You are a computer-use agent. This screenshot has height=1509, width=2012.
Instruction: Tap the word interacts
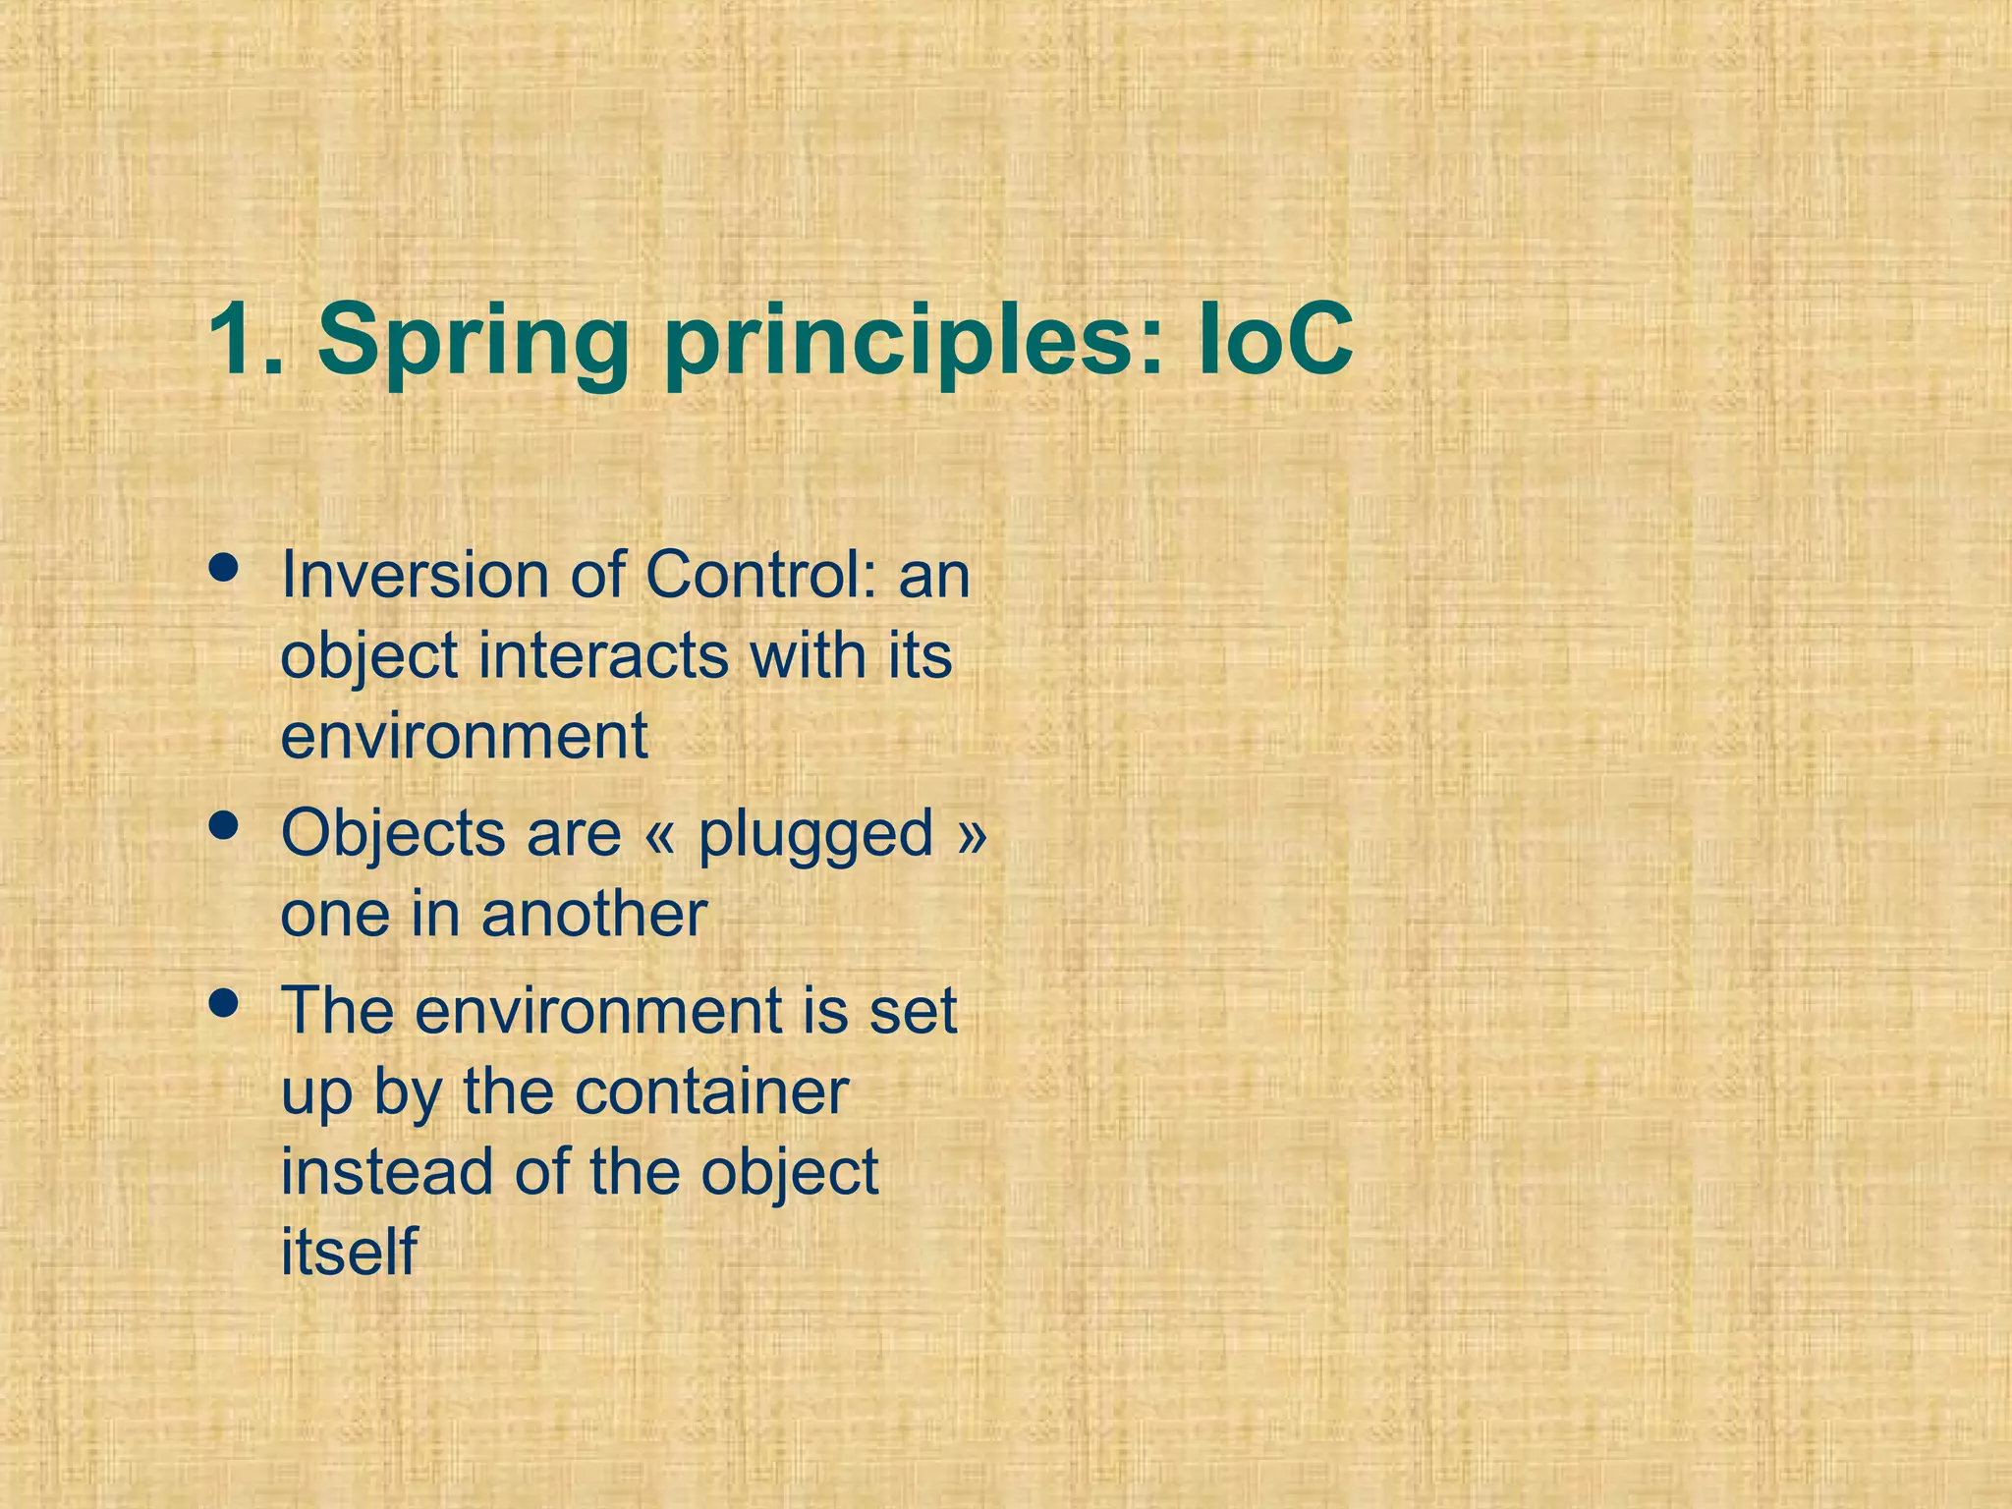click(603, 655)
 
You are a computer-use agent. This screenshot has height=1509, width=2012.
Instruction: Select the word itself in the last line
click(349, 1253)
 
